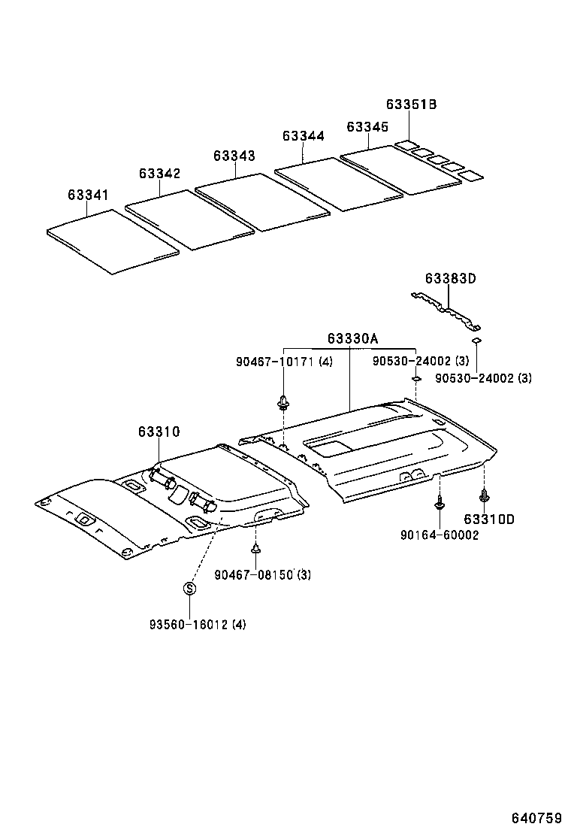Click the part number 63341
(x=88, y=195)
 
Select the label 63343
(x=234, y=156)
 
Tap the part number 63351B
(x=411, y=104)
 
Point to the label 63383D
(x=451, y=278)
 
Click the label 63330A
(x=352, y=338)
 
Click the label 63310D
(x=488, y=519)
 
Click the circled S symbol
(x=190, y=588)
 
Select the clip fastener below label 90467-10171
(x=284, y=401)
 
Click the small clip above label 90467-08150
(x=255, y=548)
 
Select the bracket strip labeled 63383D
(x=446, y=310)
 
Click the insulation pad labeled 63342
(x=188, y=220)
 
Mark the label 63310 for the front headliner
(x=159, y=432)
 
